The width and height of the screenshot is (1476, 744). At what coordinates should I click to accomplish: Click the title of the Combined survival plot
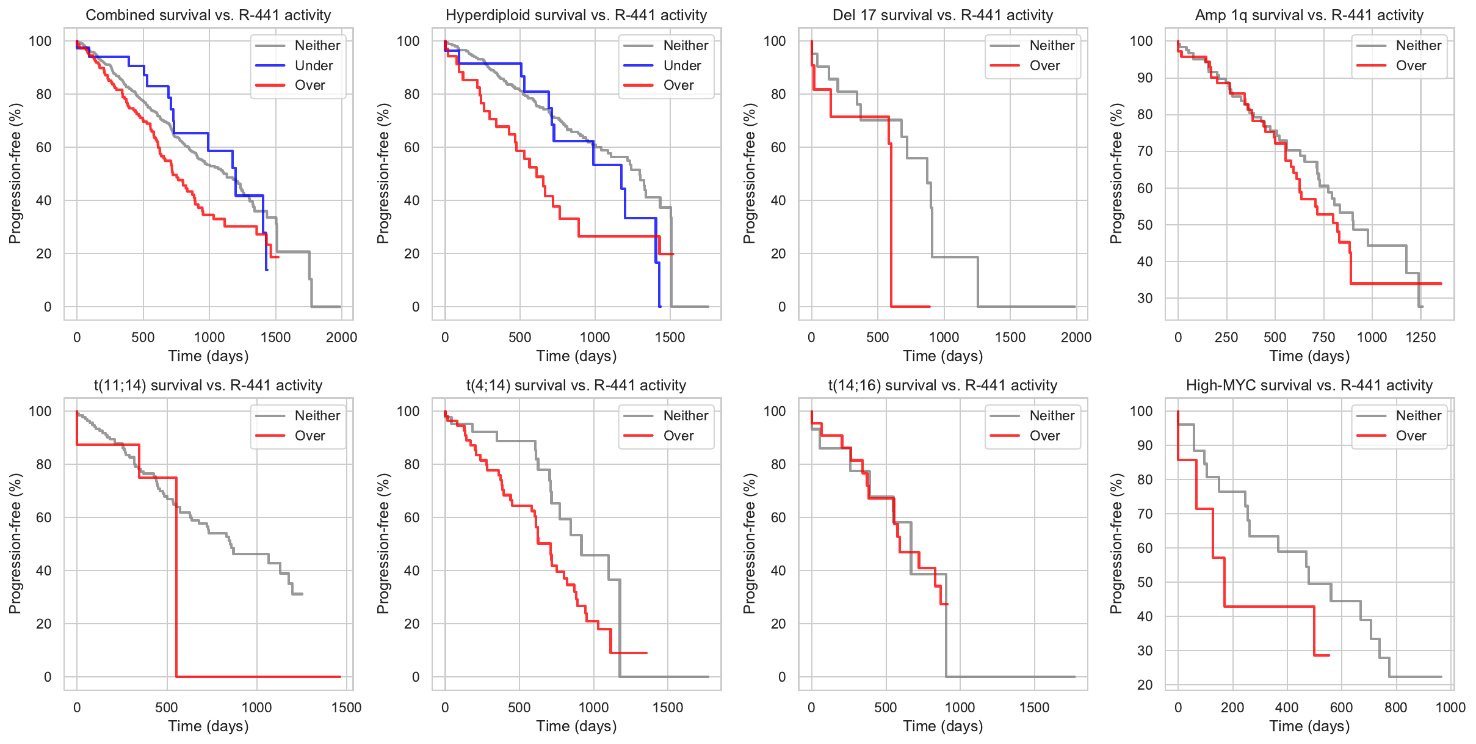[208, 15]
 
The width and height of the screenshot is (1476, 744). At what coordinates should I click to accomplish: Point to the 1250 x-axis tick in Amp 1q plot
[1420, 337]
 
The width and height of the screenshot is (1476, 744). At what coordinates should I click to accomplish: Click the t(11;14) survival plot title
[208, 385]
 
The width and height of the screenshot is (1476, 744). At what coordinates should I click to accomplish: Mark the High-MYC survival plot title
[1309, 385]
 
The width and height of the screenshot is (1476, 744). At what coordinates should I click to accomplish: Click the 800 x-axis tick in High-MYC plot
[1395, 707]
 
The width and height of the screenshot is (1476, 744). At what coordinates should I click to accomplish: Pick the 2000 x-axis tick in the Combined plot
[341, 337]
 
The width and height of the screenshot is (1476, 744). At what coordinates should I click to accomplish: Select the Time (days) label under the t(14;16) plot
[942, 726]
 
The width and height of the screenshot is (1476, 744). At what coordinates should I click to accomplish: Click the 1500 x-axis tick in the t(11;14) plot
[346, 707]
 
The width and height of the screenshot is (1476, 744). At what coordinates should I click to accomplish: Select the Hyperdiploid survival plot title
[576, 15]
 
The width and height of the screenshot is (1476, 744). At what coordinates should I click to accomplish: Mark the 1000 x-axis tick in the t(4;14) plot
[593, 707]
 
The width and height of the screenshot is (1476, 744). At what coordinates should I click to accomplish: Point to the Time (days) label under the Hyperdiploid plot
[576, 356]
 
